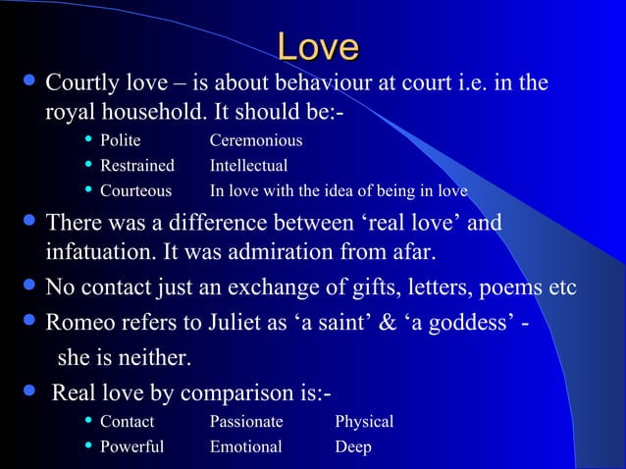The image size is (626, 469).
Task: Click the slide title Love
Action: [x=318, y=46]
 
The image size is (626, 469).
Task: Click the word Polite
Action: [x=121, y=141]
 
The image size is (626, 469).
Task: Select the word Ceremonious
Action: [x=256, y=141]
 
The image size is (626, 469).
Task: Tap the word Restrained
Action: [x=137, y=166]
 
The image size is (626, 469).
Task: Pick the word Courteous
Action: [x=135, y=190]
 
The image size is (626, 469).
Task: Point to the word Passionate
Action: [x=246, y=422]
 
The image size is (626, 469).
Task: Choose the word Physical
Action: [x=364, y=422]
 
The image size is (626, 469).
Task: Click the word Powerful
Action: [x=132, y=446]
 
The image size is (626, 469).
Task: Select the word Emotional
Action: [x=245, y=446]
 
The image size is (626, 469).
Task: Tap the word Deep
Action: [x=353, y=446]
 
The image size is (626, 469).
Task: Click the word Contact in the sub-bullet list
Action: [x=128, y=422]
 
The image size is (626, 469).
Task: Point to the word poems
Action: [x=511, y=288]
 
